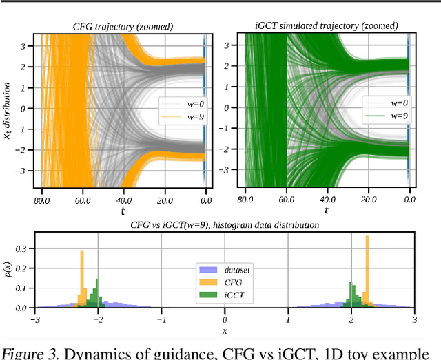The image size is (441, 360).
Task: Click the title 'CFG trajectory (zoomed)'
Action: tap(123, 27)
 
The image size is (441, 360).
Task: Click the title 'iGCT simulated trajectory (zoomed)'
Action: tap(327, 27)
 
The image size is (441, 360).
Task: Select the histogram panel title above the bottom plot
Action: tap(224, 224)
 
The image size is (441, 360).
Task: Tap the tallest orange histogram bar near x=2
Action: tap(367, 271)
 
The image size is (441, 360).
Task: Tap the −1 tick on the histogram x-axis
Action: tap(161, 320)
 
